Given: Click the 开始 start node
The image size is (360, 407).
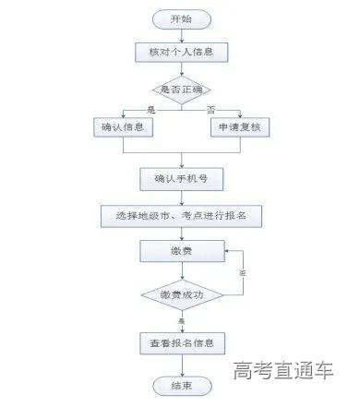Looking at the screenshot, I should (x=181, y=18).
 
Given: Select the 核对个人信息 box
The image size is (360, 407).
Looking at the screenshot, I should (x=181, y=52).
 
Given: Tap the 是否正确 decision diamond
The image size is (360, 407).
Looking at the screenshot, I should (x=181, y=89).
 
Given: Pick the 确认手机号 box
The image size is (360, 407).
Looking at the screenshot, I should (x=181, y=177).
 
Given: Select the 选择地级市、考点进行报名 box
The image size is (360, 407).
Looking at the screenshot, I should (x=181, y=214).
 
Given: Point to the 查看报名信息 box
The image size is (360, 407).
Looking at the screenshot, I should (x=181, y=342).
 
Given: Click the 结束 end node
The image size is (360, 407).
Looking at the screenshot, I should (x=181, y=384).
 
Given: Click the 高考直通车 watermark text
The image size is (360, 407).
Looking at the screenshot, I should (x=282, y=371).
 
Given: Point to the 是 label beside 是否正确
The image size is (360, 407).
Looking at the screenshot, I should (x=151, y=108).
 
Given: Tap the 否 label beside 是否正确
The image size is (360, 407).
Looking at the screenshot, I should (x=211, y=108).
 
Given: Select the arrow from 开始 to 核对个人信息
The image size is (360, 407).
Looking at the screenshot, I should (x=181, y=35).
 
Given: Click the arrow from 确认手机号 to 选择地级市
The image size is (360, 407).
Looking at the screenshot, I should (x=181, y=196).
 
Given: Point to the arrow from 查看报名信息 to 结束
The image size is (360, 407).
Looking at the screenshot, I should (x=181, y=364).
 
